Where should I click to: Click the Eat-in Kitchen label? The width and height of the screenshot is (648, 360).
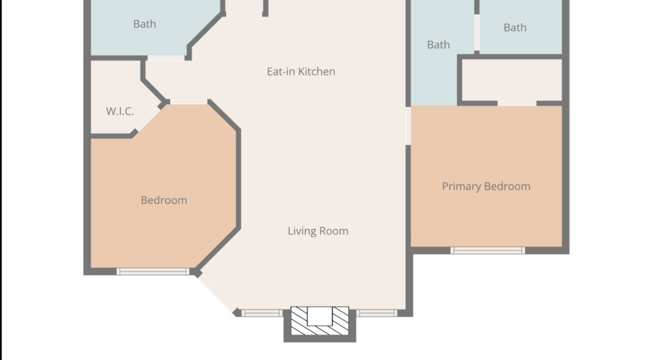301,71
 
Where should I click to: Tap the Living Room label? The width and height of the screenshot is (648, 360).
318,230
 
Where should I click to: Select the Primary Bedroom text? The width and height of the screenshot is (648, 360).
486,186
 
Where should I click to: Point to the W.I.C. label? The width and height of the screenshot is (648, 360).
120,111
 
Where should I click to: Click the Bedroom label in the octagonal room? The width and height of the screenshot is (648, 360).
163,200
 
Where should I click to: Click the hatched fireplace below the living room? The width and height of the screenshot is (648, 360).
320,322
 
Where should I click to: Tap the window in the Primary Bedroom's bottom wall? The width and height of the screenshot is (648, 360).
487,250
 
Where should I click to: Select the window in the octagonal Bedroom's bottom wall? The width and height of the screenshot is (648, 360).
153,271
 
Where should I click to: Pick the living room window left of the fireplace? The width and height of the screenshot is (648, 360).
262,313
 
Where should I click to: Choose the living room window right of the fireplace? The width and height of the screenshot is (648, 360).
377,313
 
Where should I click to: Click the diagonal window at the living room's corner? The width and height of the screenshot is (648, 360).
217,294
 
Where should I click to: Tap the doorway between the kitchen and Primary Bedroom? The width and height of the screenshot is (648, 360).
408,126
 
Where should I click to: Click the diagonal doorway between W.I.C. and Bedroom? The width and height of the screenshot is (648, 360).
148,119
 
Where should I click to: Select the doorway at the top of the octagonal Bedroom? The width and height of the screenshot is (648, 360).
189,102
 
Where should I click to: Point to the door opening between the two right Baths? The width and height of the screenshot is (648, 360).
477,32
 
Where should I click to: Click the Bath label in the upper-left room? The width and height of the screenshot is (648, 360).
145,24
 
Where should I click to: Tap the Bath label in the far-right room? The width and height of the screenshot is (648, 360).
515,27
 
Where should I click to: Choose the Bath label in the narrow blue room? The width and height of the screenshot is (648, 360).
438,45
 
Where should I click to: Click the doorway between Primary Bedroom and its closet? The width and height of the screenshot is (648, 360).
516,103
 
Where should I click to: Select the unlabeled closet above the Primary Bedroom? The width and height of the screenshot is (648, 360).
512,80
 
